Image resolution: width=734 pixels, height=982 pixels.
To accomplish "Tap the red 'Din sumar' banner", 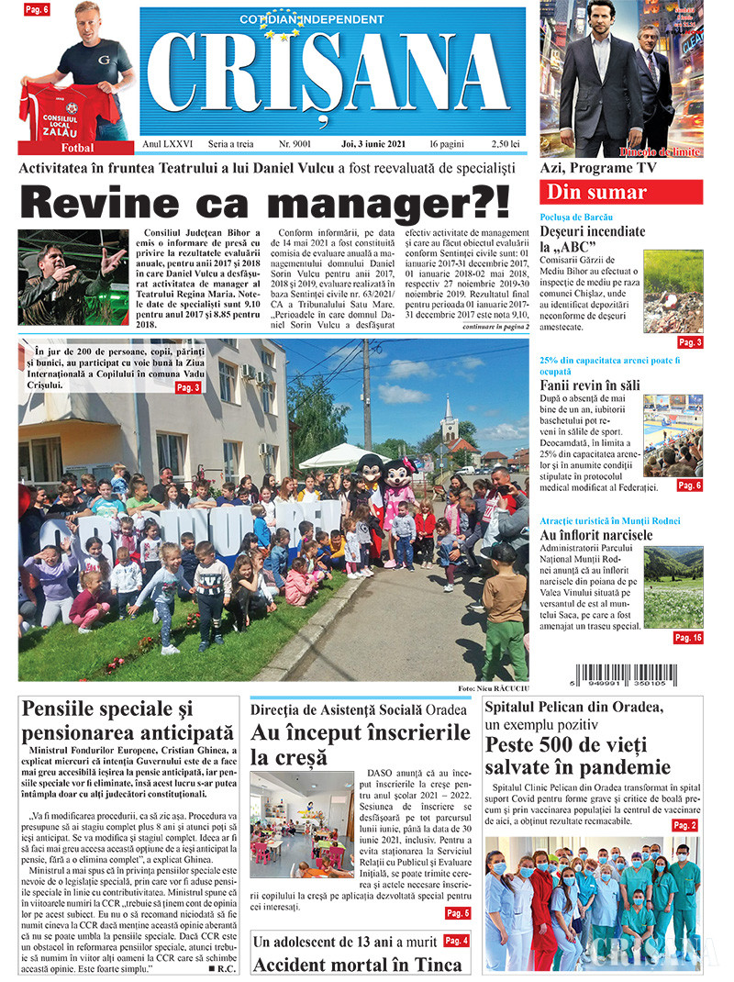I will coord(623,193).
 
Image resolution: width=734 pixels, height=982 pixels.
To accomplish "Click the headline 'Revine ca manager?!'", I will coord(264,202).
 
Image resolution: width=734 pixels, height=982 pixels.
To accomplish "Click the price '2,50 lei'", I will coord(506,145).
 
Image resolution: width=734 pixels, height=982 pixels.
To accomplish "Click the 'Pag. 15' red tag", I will coord(687,637).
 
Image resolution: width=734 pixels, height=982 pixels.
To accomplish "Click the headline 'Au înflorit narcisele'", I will coord(596,535).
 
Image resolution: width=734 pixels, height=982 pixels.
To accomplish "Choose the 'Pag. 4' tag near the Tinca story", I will coord(456,941).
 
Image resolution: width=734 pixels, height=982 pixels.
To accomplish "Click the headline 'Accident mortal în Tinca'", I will coord(357,965).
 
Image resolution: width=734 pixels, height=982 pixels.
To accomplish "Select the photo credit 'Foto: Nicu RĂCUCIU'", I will coord(492,688).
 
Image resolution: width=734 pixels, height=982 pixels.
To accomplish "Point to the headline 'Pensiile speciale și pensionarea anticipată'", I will coord(128,720).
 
